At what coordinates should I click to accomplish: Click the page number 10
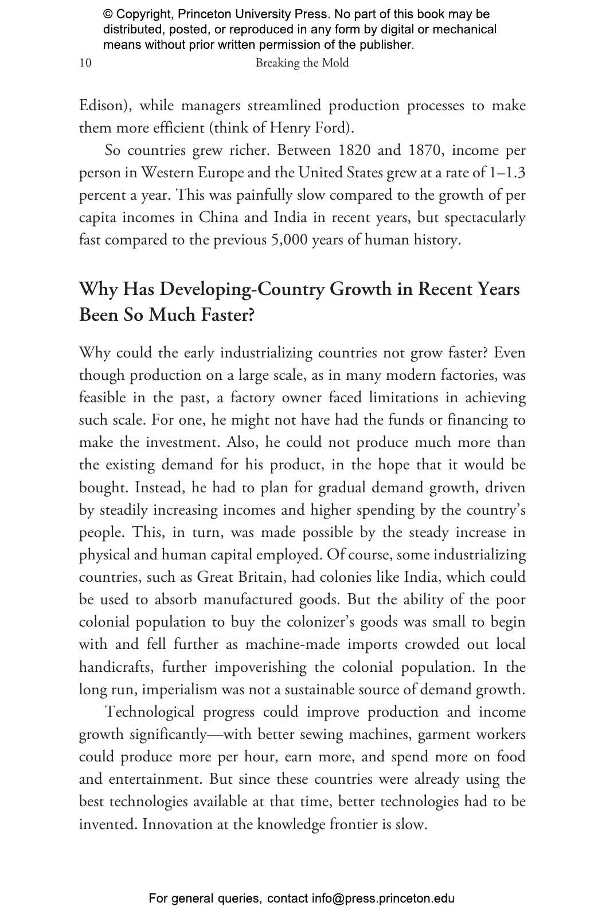(85, 63)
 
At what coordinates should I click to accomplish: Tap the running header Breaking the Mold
(302, 63)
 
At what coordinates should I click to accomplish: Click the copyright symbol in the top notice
(108, 14)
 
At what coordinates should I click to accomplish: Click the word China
(218, 217)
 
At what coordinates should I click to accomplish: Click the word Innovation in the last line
(176, 824)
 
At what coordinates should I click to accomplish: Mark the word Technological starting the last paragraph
(151, 712)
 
